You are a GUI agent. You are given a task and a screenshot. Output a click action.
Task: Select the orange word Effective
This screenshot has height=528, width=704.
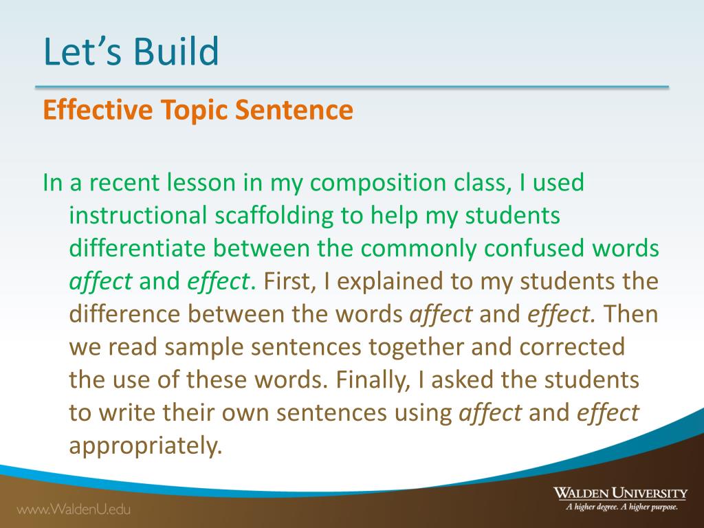[x=98, y=109]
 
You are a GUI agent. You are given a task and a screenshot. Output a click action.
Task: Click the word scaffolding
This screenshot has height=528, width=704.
[x=274, y=215]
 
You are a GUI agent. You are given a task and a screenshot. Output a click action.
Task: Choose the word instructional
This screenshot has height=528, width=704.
[x=137, y=215]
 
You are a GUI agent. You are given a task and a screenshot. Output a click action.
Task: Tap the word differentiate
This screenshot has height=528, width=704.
[x=137, y=247]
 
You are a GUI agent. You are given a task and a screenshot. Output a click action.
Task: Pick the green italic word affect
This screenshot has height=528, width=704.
[x=100, y=281]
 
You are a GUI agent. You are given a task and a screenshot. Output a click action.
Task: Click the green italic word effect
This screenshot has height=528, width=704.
[x=218, y=281]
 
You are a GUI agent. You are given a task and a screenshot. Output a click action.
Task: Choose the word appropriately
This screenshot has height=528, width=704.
[x=146, y=446]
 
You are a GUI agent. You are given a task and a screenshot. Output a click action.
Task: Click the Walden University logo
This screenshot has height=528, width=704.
[x=620, y=492]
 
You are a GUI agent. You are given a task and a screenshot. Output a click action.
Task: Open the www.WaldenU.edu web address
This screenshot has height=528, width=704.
[x=74, y=509]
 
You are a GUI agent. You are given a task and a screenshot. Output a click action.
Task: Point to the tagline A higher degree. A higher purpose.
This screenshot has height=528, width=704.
[x=621, y=507]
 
